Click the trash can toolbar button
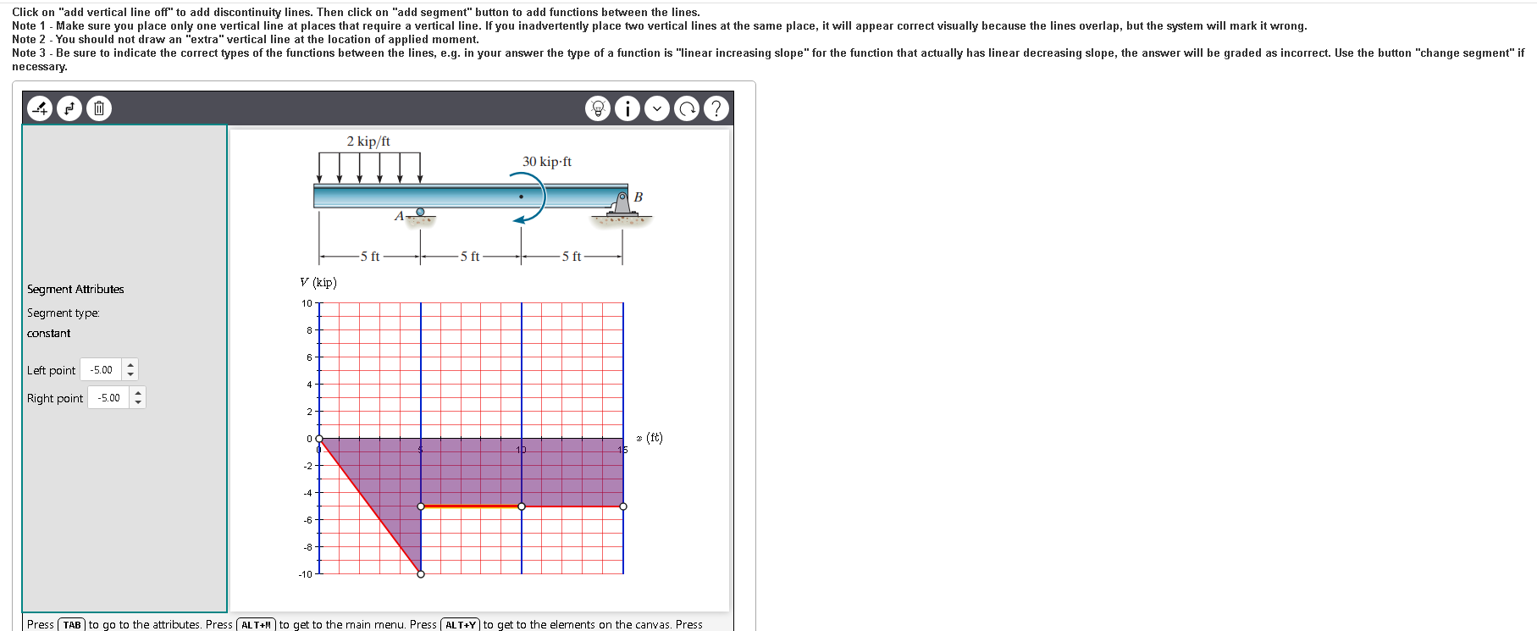pyautogui.click(x=99, y=108)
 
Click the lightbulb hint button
pyautogui.click(x=597, y=108)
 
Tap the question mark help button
pyautogui.click(x=716, y=108)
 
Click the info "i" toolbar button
pyautogui.click(x=627, y=108)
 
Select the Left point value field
pyautogui.click(x=102, y=370)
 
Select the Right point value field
pyautogui.click(x=109, y=398)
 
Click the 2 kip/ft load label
pyautogui.click(x=368, y=141)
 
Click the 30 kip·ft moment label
pyautogui.click(x=546, y=162)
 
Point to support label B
pyautogui.click(x=639, y=197)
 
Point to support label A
pyautogui.click(x=399, y=216)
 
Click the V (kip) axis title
pyautogui.click(x=318, y=283)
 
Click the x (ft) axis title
pyautogui.click(x=650, y=438)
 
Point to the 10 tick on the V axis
pyautogui.click(x=307, y=303)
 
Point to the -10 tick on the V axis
pyautogui.click(x=305, y=574)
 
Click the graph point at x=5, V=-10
pyautogui.click(x=421, y=574)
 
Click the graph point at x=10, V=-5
pyautogui.click(x=522, y=506)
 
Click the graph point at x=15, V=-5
pyautogui.click(x=623, y=506)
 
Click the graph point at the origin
pyautogui.click(x=319, y=439)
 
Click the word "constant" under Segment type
pyautogui.click(x=49, y=334)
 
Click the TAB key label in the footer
pyautogui.click(x=72, y=625)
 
